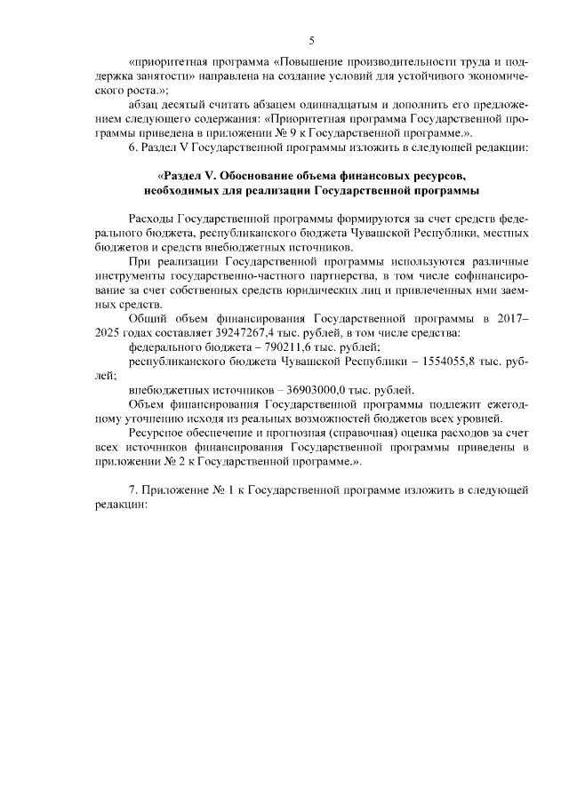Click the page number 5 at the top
(311, 39)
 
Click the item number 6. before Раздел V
(134, 146)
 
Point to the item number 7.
(134, 490)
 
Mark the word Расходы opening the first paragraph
(151, 218)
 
